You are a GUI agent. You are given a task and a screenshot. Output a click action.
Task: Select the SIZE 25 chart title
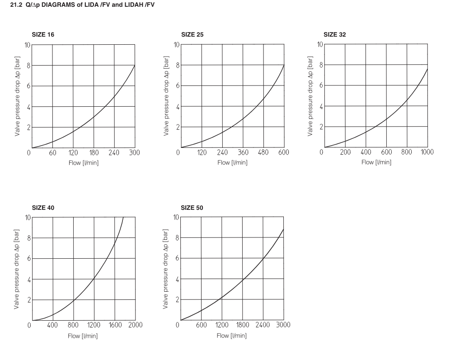[192, 34]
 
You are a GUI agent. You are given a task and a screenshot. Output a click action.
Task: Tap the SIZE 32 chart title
[335, 34]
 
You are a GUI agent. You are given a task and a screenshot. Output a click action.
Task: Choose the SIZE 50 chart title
[192, 208]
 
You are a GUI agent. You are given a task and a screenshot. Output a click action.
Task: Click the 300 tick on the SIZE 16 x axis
[134, 153]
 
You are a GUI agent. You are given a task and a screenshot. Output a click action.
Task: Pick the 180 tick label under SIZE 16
[94, 153]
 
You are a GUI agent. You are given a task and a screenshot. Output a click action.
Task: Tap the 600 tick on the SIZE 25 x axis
[283, 153]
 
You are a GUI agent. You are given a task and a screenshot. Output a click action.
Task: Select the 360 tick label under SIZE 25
[243, 153]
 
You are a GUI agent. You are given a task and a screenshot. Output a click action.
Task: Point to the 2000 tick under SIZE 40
[135, 325]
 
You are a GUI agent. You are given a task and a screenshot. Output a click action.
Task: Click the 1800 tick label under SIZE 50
[242, 325]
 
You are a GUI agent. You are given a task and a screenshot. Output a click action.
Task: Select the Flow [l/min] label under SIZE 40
[83, 336]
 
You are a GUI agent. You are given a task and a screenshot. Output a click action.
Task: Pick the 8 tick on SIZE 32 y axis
[320, 65]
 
